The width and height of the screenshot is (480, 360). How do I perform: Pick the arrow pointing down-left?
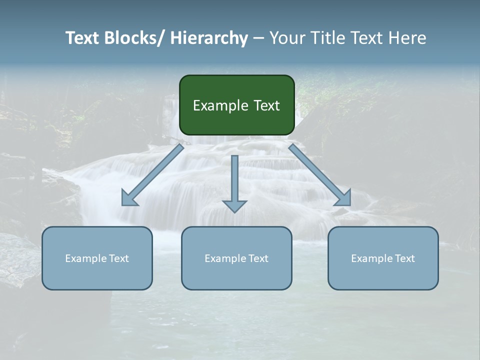coord(152,175)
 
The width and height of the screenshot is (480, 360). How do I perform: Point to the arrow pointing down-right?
coord(320,175)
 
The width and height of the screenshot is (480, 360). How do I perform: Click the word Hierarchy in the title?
coord(209,38)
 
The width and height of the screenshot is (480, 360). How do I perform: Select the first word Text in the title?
coord(83,38)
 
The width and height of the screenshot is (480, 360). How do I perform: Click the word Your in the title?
coord(287,38)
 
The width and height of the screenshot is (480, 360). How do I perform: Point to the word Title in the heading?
coord(327,38)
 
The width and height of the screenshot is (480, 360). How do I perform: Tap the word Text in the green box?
coord(266,106)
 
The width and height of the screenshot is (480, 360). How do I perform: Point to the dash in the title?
coord(258,38)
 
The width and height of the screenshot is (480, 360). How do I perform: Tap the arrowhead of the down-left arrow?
coord(129,198)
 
